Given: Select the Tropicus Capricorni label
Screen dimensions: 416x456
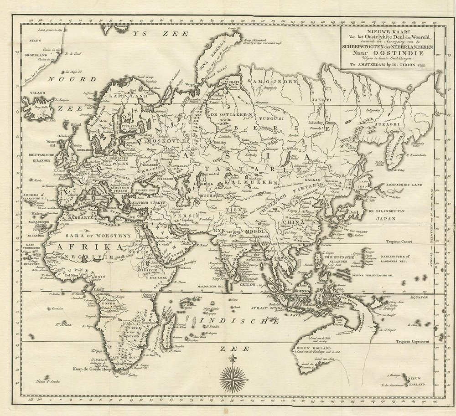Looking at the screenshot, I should (415, 341).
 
